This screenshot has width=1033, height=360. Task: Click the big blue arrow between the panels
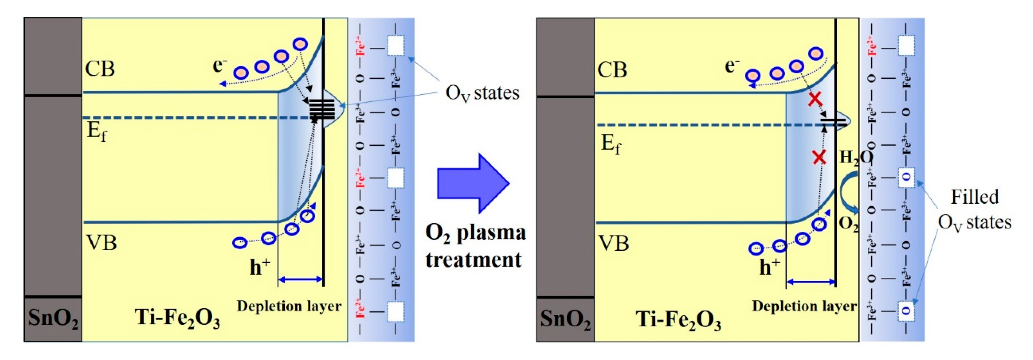[471, 183]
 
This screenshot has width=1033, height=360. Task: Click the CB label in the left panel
[100, 69]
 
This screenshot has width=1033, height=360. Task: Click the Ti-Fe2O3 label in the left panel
[177, 319]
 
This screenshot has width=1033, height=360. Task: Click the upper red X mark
[815, 99]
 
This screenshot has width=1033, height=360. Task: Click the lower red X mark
[819, 157]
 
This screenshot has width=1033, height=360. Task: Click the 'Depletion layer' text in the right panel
[804, 306]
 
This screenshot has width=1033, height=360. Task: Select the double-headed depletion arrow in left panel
[300, 279]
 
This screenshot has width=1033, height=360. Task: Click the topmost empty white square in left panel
[395, 46]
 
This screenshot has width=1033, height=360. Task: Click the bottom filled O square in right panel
[907, 310]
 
